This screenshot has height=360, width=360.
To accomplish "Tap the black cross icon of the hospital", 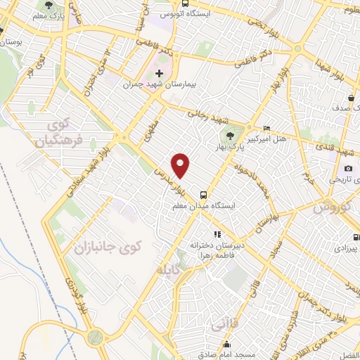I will [x=160, y=72].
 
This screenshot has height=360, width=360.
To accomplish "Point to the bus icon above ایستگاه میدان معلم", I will [x=203, y=195].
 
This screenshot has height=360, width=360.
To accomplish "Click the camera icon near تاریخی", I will [x=349, y=168].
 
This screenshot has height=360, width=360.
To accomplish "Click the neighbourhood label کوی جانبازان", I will [x=118, y=247].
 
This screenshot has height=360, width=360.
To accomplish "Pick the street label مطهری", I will [x=149, y=132].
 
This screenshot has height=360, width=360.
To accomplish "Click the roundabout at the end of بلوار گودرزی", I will [x=95, y=337].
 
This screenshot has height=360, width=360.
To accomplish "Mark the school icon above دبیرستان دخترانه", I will [x=217, y=234].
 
